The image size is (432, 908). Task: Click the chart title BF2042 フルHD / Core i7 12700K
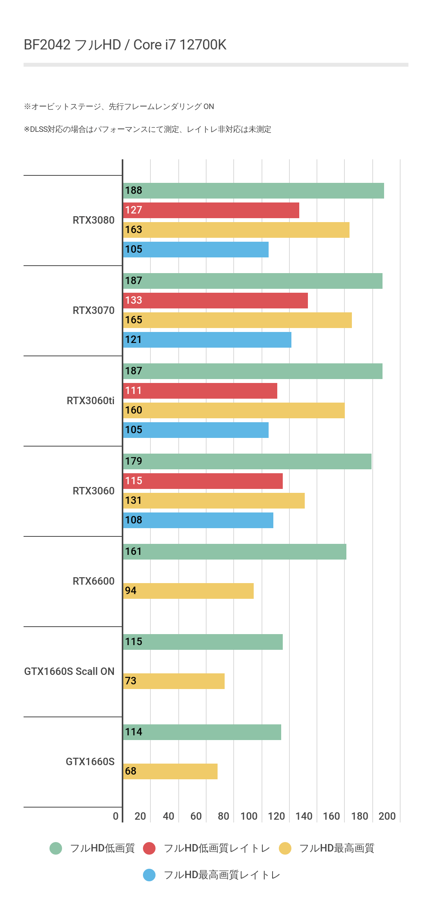coord(125,45)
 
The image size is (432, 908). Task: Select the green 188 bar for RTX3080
coord(253,191)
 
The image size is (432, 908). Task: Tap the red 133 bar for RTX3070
coord(215,301)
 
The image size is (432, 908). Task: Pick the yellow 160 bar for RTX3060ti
coord(234,410)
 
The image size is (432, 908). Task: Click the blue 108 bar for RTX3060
coord(198,520)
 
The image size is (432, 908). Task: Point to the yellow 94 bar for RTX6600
coord(188,591)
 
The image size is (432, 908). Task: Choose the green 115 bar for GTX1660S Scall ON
coord(203,642)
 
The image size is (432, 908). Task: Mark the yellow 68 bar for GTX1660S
coord(170,771)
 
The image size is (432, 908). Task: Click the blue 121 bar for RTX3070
coord(207,340)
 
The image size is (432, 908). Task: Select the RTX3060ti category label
coord(90,401)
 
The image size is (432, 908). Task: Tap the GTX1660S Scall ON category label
coord(69,671)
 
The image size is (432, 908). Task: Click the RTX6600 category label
coord(93,581)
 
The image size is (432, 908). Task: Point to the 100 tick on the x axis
coord(249,816)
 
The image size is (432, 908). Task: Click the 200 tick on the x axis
coord(387,816)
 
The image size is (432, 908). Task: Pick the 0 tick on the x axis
coord(115,816)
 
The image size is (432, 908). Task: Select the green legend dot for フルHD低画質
coord(56,848)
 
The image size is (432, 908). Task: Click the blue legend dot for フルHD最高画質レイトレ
coord(149,875)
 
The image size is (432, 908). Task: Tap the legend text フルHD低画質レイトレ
coord(217,848)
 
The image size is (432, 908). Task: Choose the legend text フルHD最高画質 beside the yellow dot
coord(337,848)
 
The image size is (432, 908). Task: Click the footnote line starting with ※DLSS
coord(147,129)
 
